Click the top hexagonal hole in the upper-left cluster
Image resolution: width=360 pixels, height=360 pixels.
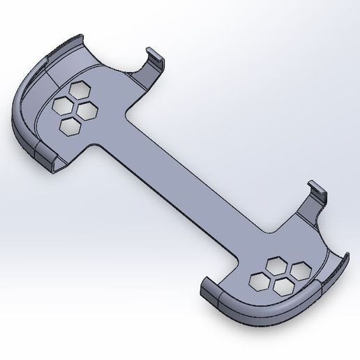[x=79, y=91]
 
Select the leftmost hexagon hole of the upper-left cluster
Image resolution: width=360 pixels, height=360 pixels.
[x=63, y=105]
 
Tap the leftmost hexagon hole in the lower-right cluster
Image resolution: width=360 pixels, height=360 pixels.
[x=257, y=280]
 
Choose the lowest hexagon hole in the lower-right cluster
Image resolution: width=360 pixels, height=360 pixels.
[x=283, y=285]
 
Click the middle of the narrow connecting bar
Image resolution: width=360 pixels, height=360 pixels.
[x=192, y=183]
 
